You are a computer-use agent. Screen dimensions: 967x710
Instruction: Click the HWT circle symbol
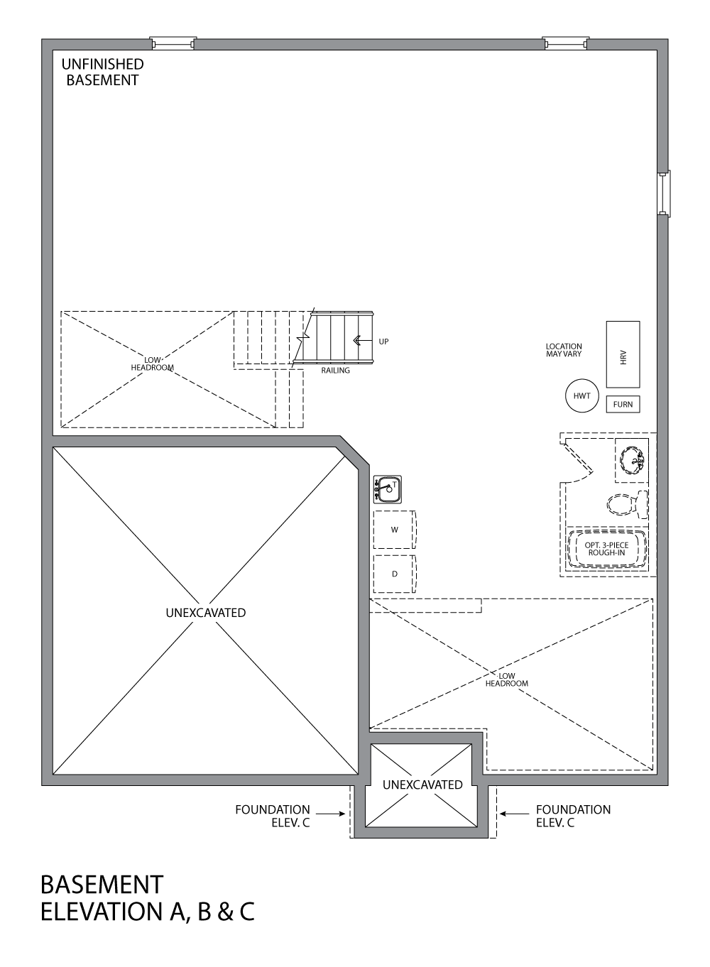coord(581,396)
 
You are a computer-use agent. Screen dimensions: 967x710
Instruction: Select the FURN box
coord(623,404)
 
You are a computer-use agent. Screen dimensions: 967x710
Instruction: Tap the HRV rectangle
coord(623,354)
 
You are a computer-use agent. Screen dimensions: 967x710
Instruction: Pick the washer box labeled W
coord(394,530)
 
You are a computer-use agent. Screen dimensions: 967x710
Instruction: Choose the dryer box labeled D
coord(394,574)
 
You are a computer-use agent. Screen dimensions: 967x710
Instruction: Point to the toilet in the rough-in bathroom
coord(627,504)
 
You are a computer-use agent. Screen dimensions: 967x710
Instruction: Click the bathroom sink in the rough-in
coord(631,459)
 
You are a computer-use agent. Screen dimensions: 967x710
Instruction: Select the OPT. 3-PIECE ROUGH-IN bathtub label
coord(606,549)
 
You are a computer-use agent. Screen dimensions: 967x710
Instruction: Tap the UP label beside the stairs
coord(383,342)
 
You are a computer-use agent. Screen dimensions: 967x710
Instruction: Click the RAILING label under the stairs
coord(335,371)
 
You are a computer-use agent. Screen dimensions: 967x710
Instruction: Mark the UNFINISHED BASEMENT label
coord(102,72)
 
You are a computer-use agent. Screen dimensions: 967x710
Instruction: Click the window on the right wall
coord(663,193)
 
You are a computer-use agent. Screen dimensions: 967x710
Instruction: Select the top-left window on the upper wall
coord(173,43)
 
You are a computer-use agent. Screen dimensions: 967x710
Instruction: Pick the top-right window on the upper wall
coord(565,43)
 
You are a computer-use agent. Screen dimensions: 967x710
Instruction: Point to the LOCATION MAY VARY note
coord(564,350)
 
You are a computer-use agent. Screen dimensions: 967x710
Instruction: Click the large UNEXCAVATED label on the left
coord(206,613)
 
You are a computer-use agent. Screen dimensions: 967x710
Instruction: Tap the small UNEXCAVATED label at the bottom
coord(422,785)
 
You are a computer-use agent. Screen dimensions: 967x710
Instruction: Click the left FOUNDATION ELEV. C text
coord(273,816)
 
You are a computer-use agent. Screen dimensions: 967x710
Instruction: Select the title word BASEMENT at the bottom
coord(102,885)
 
